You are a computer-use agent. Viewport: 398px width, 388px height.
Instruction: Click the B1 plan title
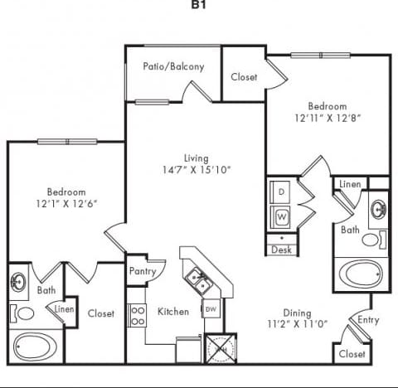pos(198,4)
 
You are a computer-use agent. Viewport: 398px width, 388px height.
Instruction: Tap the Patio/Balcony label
pos(173,66)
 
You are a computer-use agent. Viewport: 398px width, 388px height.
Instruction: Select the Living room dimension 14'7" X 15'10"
pos(197,170)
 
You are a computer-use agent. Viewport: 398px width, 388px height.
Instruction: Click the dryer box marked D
pos(281,192)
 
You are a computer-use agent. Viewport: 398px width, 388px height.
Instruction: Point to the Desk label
pos(282,249)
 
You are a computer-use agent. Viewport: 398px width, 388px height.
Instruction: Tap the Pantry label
pos(143,271)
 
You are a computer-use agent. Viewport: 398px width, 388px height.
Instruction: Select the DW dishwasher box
pos(210,309)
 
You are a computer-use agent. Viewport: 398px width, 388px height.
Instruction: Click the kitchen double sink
pos(197,282)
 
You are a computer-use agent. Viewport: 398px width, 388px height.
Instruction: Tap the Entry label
pos(368,319)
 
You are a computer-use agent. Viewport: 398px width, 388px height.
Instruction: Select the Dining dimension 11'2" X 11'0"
pos(296,324)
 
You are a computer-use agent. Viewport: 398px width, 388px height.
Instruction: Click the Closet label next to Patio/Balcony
pos(244,77)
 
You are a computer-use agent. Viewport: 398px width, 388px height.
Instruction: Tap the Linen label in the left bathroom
pos(64,309)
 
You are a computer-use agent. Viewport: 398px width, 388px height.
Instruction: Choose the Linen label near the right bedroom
pos(348,182)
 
